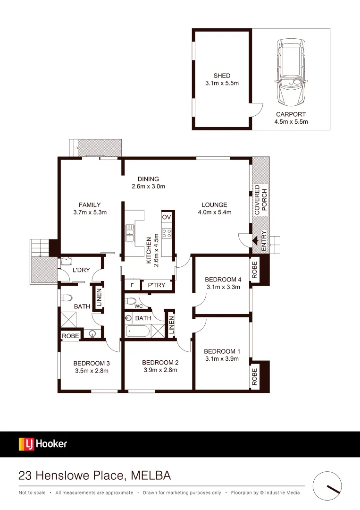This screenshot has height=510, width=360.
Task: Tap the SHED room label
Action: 222,76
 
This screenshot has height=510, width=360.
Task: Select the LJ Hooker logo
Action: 43,444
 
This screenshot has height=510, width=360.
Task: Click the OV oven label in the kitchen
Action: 166,217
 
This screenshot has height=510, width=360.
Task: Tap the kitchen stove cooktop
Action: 166,233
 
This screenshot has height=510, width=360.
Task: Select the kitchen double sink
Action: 130,233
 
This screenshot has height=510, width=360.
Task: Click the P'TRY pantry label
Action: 156,285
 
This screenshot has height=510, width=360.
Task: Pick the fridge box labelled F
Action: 132,285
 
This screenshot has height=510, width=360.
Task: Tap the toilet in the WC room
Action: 131,301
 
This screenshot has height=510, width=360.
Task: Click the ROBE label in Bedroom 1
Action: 255,377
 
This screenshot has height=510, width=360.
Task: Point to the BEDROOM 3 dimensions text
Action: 92,371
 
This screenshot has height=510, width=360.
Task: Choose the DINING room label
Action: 148,179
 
